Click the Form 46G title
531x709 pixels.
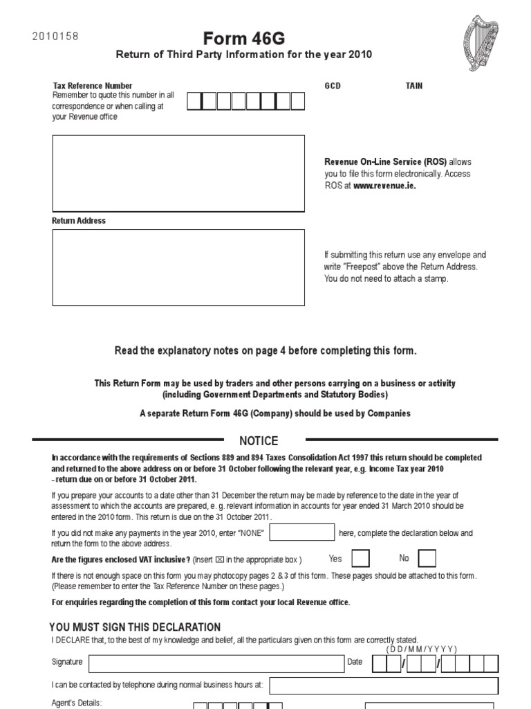coord(243,38)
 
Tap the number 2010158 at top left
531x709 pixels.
coord(55,37)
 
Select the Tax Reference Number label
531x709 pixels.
coord(92,86)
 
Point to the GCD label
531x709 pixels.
coord(333,86)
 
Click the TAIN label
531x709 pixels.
coord(413,86)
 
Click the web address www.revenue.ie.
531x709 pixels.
coord(384,186)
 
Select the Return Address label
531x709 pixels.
coord(79,221)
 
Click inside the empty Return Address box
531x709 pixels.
coord(178,267)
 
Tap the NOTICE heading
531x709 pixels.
coord(259,441)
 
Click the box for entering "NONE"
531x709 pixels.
coord(301,532)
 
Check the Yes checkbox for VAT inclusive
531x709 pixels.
coord(360,558)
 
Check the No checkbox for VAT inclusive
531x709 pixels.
coord(427,558)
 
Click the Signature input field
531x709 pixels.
coord(215,663)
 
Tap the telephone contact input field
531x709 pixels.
coord(383,685)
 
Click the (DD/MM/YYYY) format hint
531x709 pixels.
coord(422,649)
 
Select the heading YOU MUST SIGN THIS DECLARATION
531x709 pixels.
coord(136,627)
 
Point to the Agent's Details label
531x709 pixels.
coord(77,702)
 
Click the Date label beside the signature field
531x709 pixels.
coord(355,662)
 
